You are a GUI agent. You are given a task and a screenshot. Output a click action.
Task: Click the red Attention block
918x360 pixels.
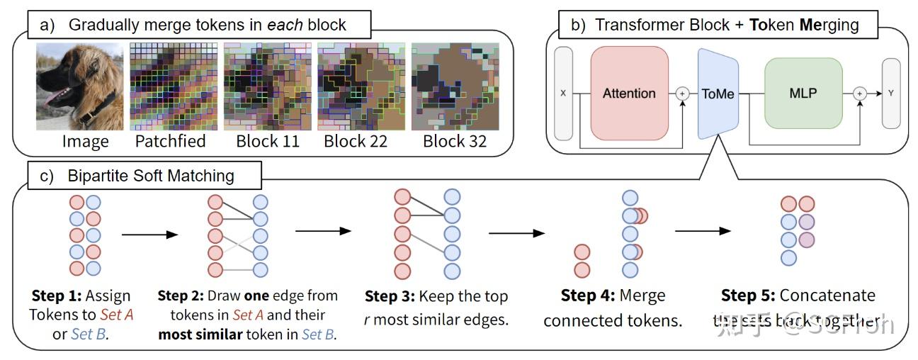click(x=629, y=93)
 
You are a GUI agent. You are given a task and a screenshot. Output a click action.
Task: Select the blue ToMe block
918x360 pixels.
click(x=718, y=93)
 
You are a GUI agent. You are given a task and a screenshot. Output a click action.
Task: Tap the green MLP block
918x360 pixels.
click(x=803, y=93)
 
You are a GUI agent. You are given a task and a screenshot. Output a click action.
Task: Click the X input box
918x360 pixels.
click(x=563, y=93)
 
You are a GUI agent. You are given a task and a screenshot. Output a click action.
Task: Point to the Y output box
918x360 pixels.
click(x=891, y=93)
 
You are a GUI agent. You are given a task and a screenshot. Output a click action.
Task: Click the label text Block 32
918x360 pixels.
click(x=454, y=141)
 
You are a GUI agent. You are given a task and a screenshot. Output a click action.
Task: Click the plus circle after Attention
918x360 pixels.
click(x=683, y=93)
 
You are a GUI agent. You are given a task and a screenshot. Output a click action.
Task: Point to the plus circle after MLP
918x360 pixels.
click(x=859, y=93)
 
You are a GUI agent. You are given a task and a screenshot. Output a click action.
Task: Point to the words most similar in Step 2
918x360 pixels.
click(x=200, y=334)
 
